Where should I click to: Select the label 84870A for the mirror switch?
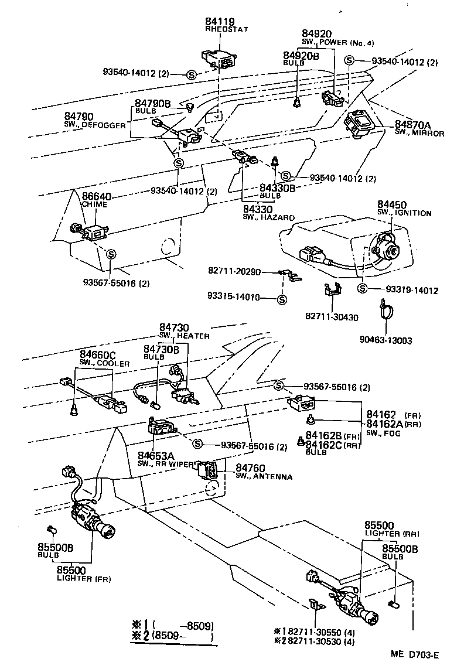[x=412, y=125]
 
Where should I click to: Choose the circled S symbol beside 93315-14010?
[x=282, y=299]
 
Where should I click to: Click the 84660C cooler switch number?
[x=98, y=355]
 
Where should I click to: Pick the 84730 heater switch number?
[x=174, y=327]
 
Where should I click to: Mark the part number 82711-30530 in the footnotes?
[x=314, y=642]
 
